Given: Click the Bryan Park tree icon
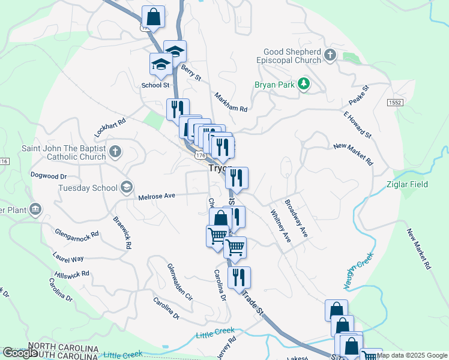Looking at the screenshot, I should [304, 84].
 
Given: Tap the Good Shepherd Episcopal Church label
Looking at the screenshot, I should [292, 56].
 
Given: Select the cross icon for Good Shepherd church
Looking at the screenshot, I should [330, 56].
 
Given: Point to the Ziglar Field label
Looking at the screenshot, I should [407, 184].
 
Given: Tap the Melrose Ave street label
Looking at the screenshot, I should [156, 196].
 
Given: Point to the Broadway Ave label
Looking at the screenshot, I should [297, 218].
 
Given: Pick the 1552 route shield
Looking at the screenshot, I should [394, 103].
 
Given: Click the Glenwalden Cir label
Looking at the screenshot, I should [179, 282].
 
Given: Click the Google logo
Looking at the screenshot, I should [20, 352].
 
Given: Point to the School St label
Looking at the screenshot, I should [155, 85].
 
